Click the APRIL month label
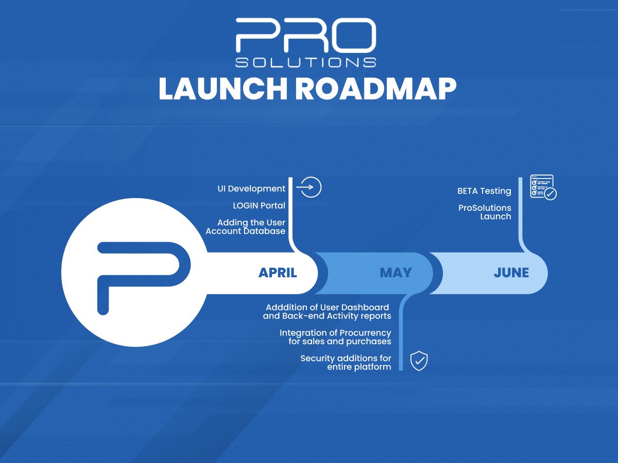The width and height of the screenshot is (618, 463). coord(278,273)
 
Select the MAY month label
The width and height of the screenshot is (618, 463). coord(396,273)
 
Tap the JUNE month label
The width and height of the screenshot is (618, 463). coord(511,273)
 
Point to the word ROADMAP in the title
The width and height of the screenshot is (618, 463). coord(375,89)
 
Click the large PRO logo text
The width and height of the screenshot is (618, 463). coord(305,35)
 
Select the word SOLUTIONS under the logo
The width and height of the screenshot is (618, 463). coord(305,62)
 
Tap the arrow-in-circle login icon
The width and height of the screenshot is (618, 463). coord(310,187)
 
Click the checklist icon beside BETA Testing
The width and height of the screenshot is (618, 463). coord(543,187)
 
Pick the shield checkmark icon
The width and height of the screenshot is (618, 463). coord(419,361)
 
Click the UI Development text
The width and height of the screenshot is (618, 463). coord(251,189)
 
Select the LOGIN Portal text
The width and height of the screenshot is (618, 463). coord(259,205)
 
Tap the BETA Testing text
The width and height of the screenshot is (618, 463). coord(484,191)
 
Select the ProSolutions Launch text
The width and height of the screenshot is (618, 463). coord(485,212)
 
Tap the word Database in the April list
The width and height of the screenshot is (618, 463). coord(265,231)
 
